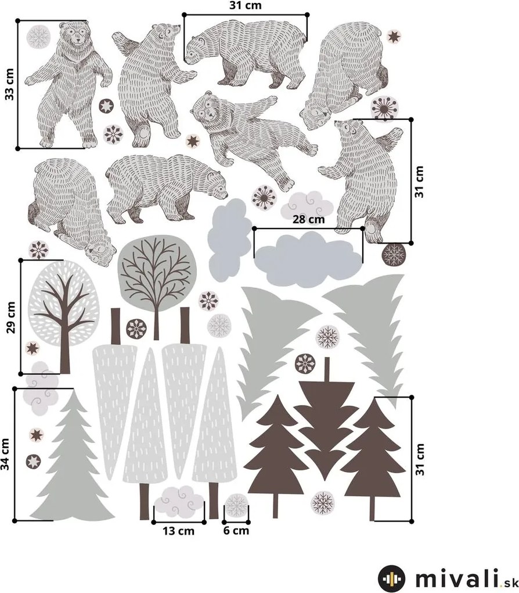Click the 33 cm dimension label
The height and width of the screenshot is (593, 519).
pos(9,84)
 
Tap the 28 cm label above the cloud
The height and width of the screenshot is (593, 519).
pos(309,219)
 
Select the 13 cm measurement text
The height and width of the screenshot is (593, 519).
pos(178,531)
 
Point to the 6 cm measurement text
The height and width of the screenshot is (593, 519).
pos(236,530)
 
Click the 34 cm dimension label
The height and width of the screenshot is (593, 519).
pos(6,454)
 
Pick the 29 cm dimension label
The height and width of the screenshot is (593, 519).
pos(11,317)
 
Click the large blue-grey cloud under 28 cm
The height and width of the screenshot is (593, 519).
pos(308,259)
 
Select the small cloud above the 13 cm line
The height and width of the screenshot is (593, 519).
pos(178,501)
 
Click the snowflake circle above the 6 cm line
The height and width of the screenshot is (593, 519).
pos(236,505)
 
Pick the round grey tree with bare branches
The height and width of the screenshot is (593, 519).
pos(157,276)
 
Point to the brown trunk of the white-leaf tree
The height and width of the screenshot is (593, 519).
pos(66,333)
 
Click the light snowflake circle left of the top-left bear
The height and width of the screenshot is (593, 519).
pos(38,36)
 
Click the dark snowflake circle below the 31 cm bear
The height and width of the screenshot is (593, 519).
pos(395,255)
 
